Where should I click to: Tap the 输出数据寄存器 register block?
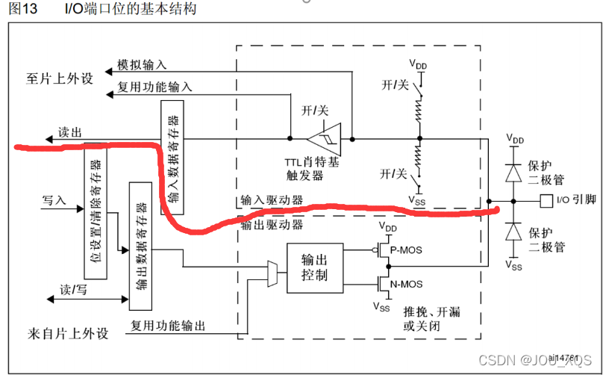tap(140, 244)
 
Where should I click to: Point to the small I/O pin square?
tap(546, 200)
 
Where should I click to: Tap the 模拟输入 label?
tap(142, 66)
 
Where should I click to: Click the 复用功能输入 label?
tap(154, 87)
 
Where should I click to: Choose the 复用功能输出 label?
tap(169, 326)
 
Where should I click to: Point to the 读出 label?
tap(70, 132)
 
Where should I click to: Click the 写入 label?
tap(54, 200)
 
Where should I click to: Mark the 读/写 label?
tap(74, 288)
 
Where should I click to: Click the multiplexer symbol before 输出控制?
tap(273, 274)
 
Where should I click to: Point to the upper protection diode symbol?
tap(513, 172)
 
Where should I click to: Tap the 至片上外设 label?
tap(62, 77)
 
